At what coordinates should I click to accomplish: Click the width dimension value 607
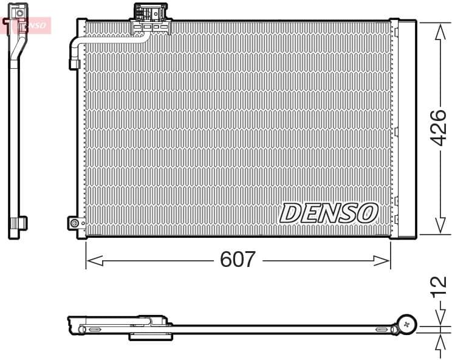click(x=238, y=260)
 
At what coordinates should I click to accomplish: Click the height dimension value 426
click(x=438, y=128)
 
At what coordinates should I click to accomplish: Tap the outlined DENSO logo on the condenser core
click(x=329, y=213)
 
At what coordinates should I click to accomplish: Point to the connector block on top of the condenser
click(x=152, y=15)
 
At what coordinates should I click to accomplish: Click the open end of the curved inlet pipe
click(x=75, y=63)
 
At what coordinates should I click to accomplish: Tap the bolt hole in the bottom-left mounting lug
click(x=75, y=223)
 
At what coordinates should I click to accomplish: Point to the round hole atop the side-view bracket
click(x=19, y=12)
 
